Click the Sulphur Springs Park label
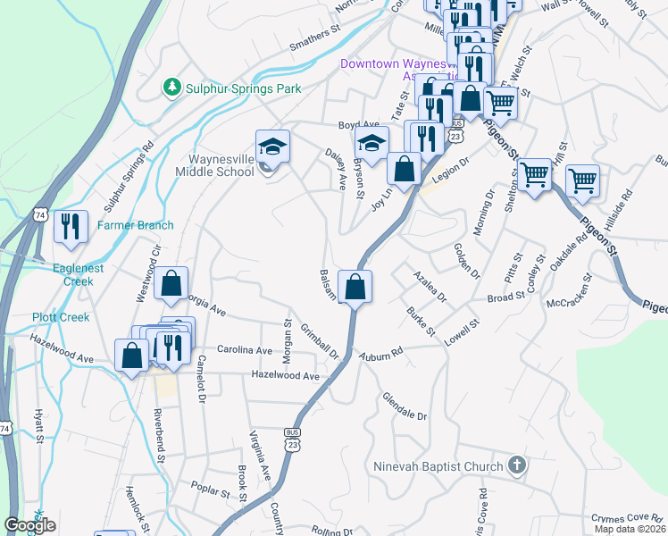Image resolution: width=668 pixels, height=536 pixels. pos(242,88)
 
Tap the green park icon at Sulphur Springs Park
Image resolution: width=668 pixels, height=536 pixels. pos(171,88)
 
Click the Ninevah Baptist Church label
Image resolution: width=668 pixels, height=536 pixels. pos(438,465)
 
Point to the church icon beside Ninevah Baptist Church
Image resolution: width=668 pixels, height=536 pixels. pos(516,465)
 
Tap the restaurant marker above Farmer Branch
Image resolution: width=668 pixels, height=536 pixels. pos(70,226)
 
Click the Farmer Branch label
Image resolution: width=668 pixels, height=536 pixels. pos(136,225)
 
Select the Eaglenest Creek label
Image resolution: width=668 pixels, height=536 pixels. pos(65,272)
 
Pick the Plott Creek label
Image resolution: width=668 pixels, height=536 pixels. pos(60,317)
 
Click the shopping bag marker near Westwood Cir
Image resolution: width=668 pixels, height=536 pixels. pos(171,284)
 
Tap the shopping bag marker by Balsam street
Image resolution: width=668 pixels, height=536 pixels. pos(355,287)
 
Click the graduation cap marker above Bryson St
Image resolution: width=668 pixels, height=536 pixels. pos(371,142)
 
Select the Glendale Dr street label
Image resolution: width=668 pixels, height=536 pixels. pos(405,405)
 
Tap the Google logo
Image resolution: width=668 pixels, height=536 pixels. pos(29,525)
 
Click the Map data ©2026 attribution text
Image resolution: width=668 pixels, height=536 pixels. pos(630,529)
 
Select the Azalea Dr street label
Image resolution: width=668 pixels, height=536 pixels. pos(430,284)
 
